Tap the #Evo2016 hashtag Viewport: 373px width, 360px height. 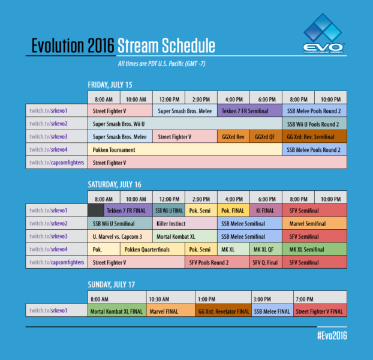[332, 335]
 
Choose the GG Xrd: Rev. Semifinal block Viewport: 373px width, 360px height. [314, 137]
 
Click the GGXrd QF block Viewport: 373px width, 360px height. [265, 137]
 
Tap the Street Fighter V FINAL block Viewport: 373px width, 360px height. [320, 311]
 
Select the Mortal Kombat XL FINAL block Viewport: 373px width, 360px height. [115, 311]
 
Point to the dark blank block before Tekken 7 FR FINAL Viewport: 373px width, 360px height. [95, 211]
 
